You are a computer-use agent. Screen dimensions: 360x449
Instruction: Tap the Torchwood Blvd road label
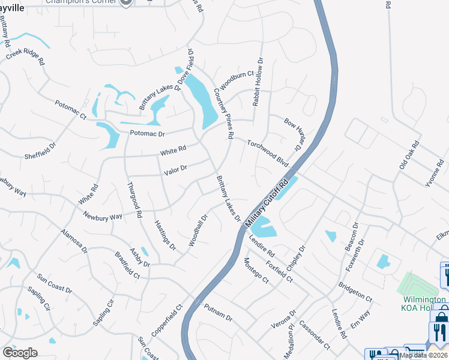pos(268,153)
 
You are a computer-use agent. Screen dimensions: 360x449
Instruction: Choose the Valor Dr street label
pos(175,170)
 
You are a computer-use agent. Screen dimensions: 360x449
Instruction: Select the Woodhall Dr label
pos(197,230)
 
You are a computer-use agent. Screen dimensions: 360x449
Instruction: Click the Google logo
pos(20,353)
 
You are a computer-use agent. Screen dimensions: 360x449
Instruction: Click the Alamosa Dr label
pos(74,240)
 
